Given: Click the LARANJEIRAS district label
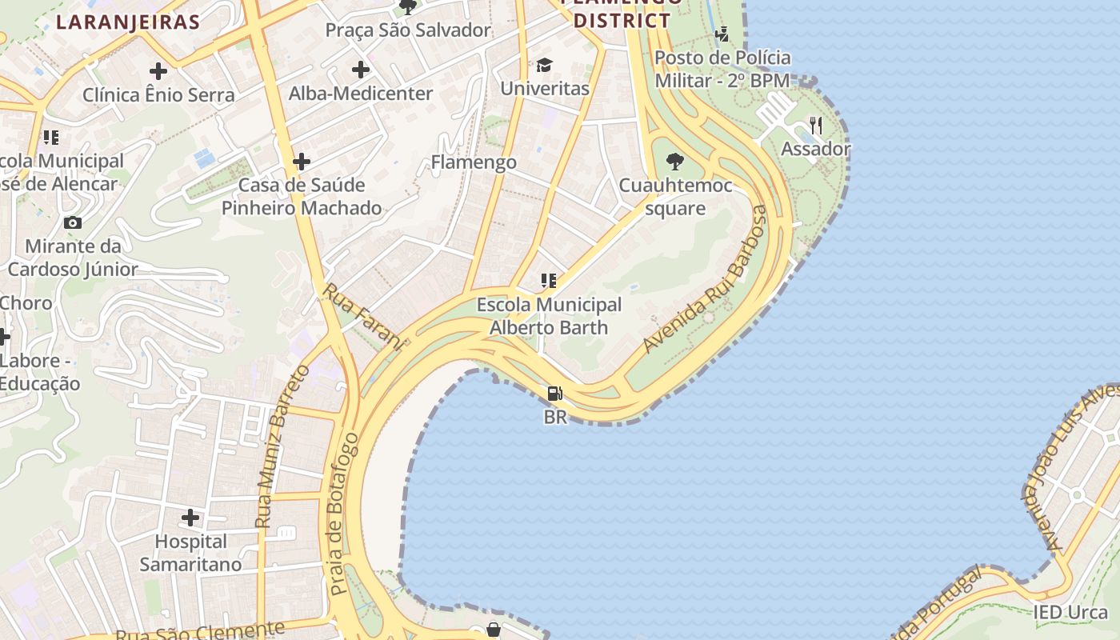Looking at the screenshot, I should (x=127, y=22).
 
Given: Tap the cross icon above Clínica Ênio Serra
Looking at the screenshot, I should (x=158, y=71).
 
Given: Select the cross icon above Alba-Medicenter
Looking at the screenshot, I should (x=361, y=70).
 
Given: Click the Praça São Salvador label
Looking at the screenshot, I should (x=408, y=30).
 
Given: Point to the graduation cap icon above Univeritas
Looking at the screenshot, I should (x=544, y=65).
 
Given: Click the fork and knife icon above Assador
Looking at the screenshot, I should (x=815, y=126).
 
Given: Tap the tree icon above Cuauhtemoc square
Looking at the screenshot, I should (x=675, y=162).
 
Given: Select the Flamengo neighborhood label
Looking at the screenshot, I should (x=474, y=162).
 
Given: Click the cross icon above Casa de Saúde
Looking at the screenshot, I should (x=302, y=162).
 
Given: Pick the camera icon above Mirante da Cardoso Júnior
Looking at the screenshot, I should (x=73, y=222).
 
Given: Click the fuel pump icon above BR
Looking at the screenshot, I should (x=554, y=394).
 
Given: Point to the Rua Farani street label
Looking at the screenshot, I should (x=362, y=315).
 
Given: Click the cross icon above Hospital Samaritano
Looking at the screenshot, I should (x=190, y=518).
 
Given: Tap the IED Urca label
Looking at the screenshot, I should (x=1070, y=613).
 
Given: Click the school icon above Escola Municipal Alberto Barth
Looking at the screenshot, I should (x=548, y=281).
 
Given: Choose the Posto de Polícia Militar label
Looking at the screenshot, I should (x=722, y=69).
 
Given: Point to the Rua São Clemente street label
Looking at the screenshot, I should (x=200, y=630).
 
